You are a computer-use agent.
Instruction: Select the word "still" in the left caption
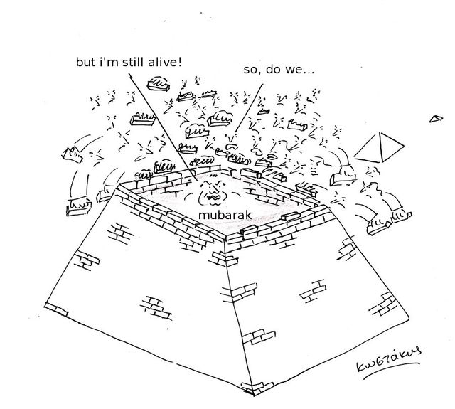[x=133, y=62]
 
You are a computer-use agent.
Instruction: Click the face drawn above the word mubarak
[x=211, y=188]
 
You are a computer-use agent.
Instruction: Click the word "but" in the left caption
[x=86, y=62]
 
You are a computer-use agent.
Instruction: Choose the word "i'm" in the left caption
[x=108, y=62]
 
